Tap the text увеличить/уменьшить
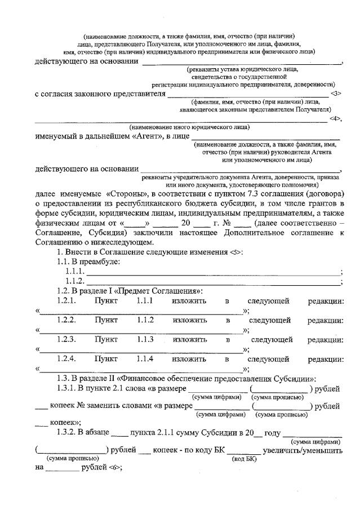click(x=304, y=451)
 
